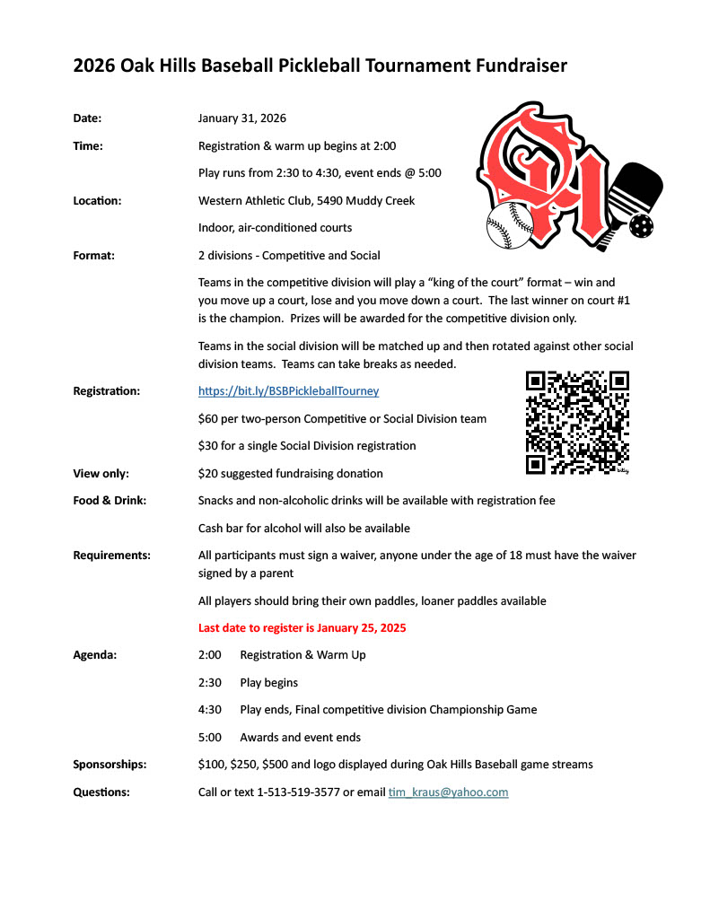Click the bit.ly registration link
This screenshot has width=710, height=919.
point(288,391)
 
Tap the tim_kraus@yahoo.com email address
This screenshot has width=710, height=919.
point(448,792)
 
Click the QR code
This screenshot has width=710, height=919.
point(577,422)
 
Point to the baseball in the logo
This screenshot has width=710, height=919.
point(510,225)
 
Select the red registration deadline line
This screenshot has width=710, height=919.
point(302,628)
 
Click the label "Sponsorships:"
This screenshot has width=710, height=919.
point(110,765)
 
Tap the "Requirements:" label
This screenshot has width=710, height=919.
point(111,556)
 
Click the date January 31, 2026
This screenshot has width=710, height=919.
point(241,118)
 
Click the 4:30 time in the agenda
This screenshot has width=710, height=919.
point(210,710)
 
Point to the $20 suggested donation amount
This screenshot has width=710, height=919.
point(206,474)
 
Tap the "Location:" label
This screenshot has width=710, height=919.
point(97,200)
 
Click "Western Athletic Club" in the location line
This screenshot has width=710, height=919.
point(254,200)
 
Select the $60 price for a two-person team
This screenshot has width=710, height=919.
point(206,419)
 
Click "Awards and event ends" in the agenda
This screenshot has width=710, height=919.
point(300,738)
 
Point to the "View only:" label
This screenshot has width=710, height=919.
point(101,474)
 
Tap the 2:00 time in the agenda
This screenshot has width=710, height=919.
point(210,655)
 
